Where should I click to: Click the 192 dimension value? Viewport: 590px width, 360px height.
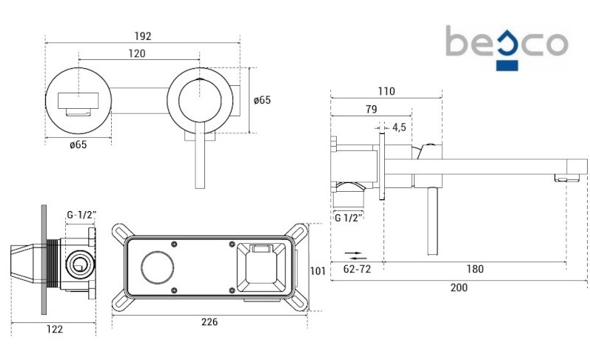click(143, 35)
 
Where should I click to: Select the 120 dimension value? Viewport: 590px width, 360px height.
click(136, 53)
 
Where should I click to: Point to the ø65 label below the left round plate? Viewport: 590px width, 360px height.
click(78, 144)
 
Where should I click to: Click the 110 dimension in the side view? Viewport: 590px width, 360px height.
click(386, 92)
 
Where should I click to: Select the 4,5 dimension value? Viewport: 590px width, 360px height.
click(399, 127)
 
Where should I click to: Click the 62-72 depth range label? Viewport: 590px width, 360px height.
click(358, 269)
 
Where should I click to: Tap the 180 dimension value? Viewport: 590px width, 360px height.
click(475, 269)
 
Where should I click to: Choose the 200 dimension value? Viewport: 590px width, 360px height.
click(458, 288)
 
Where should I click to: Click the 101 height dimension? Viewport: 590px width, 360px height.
click(318, 270)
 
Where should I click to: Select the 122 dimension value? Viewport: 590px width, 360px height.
click(54, 329)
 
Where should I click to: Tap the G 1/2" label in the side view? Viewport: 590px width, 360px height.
click(348, 218)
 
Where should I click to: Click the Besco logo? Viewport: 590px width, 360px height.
click(507, 44)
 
